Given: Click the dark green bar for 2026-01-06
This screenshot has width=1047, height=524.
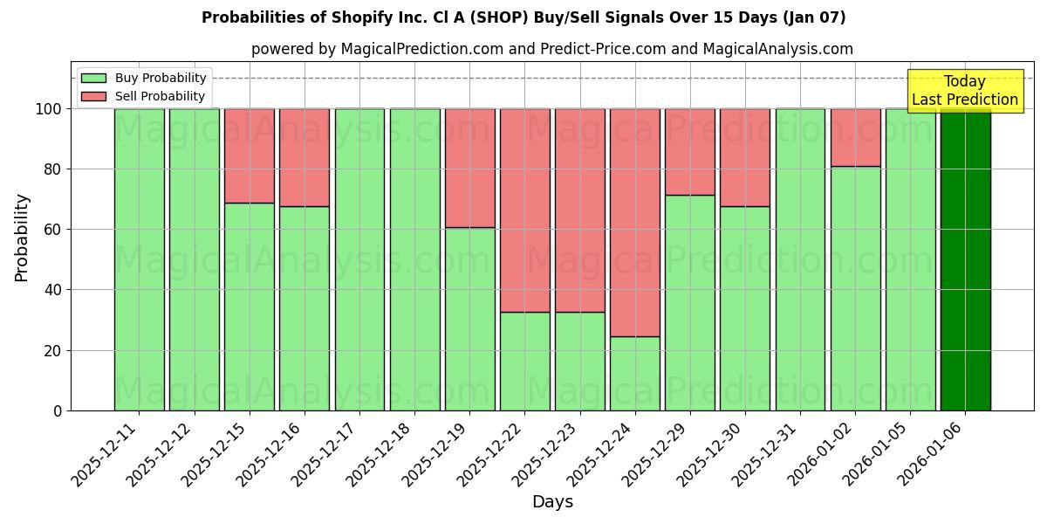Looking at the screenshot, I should tap(965, 259).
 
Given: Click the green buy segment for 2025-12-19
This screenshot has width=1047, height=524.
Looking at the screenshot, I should tap(470, 319).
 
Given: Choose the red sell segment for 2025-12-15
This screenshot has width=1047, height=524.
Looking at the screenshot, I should tap(250, 155).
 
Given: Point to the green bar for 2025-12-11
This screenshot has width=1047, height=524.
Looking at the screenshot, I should tap(140, 259).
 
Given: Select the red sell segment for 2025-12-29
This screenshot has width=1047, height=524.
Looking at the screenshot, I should tap(690, 152).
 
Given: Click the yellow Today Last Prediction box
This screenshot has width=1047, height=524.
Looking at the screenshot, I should tap(965, 91).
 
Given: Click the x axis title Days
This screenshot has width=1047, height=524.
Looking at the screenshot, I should tap(552, 502).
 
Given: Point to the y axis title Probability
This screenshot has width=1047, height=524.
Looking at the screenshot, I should tap(22, 237).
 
